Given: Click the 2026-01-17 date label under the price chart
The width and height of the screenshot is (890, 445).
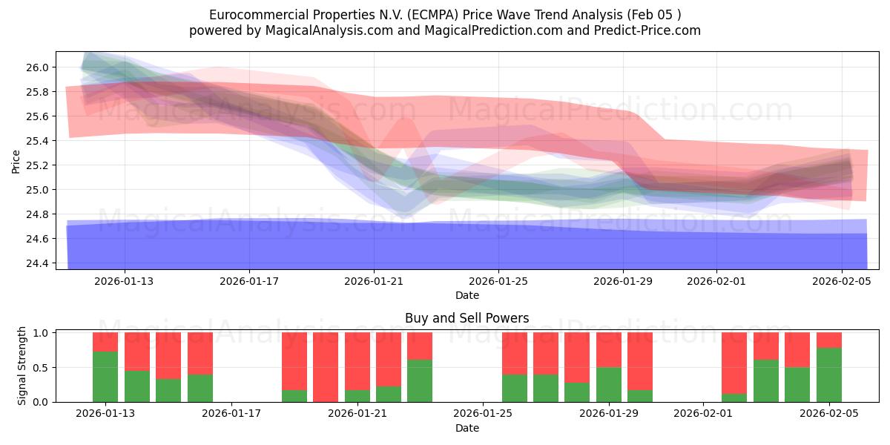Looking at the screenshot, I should pos(249,282).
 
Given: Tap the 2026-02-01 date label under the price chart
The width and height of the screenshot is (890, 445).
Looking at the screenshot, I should pos(716,282).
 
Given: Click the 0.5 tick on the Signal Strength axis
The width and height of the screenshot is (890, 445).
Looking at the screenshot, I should pos(41,368).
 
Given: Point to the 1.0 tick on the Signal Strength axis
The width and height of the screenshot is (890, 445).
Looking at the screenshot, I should pos(41,333).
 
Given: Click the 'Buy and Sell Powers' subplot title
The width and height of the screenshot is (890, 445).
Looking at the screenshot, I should pos(467,318).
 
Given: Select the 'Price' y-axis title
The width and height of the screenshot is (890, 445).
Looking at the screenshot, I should pos(16,161).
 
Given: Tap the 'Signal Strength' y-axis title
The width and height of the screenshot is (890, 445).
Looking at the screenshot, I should pos(22,366).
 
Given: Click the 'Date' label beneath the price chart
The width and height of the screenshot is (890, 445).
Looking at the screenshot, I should pos(467,295).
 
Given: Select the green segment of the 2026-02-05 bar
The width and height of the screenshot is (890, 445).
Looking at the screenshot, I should pos(828,375).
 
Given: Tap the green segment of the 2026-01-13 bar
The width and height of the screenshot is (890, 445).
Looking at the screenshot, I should pos(105,377).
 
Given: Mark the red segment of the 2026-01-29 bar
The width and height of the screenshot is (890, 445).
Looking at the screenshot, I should pos(608,349).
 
